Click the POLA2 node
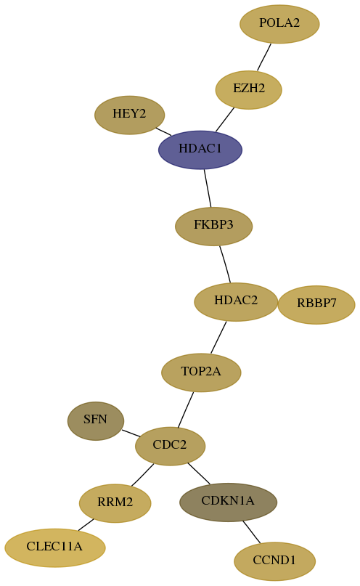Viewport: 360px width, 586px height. click(x=279, y=24)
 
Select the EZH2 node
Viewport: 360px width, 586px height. click(x=249, y=90)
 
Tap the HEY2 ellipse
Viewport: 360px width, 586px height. click(x=130, y=115)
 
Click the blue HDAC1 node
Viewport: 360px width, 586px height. click(x=200, y=150)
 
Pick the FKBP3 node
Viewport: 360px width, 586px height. click(x=214, y=226)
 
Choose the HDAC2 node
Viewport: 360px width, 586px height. click(x=236, y=301)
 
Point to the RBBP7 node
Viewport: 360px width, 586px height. click(x=316, y=304)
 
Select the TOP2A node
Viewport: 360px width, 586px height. click(x=201, y=373)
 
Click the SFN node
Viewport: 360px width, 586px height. click(x=96, y=421)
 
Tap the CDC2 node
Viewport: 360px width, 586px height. click(x=171, y=446)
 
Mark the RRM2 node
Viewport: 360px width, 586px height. click(x=115, y=503)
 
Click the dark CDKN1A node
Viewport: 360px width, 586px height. click(x=228, y=502)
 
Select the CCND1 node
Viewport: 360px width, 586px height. click(x=275, y=561)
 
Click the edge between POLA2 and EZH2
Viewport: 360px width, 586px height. click(x=264, y=57)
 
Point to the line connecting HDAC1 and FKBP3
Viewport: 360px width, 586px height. click(x=208, y=188)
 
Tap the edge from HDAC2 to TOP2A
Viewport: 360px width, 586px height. click(x=218, y=337)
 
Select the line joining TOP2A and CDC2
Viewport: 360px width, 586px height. click(x=186, y=410)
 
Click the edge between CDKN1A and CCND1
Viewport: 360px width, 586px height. click(x=252, y=532)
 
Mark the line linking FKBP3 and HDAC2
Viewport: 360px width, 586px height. click(x=225, y=264)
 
